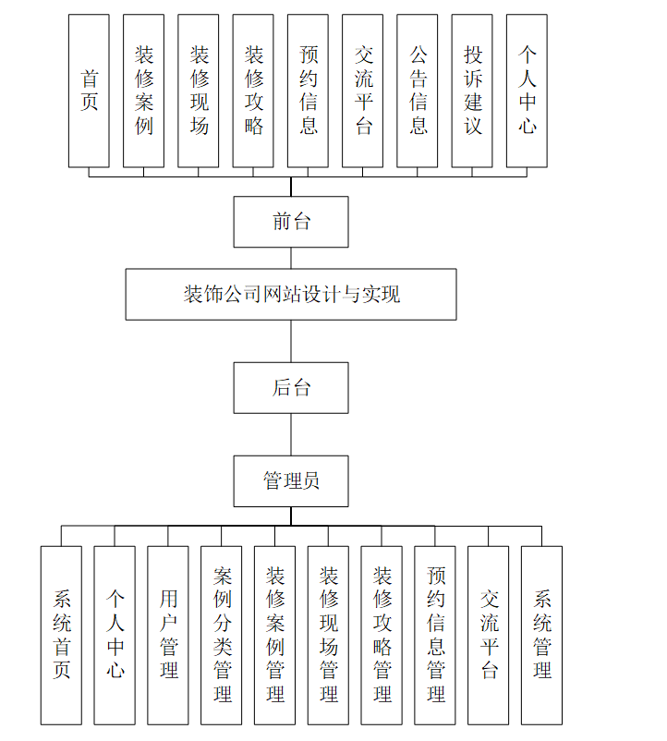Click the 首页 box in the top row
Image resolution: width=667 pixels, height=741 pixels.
point(89,91)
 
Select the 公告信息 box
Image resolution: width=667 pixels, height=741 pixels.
point(418,91)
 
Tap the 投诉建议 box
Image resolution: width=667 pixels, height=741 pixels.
point(472,91)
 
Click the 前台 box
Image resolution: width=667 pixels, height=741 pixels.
point(291,222)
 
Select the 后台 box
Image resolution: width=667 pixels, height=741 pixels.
point(291,388)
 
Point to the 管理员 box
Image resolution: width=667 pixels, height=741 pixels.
point(291,480)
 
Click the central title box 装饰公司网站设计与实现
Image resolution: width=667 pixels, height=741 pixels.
point(291,295)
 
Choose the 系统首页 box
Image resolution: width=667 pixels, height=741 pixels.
point(61,635)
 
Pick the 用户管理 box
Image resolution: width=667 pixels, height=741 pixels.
point(168,635)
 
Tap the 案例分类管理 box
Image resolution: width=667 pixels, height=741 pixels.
point(222,635)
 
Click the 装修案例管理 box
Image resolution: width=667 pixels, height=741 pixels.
point(274,635)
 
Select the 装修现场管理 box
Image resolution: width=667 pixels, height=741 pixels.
point(328,635)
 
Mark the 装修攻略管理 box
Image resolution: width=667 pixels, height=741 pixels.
point(382,635)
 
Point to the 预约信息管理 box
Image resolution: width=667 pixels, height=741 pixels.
point(435,635)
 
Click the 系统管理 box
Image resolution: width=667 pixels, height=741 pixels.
point(541,635)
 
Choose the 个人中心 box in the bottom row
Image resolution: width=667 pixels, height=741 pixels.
point(115,635)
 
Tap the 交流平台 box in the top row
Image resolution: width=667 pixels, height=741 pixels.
point(363,91)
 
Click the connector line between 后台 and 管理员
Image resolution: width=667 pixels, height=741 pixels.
point(291,434)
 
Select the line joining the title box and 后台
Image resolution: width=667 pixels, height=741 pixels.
point(291,341)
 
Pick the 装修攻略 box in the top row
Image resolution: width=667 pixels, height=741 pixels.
point(253,91)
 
